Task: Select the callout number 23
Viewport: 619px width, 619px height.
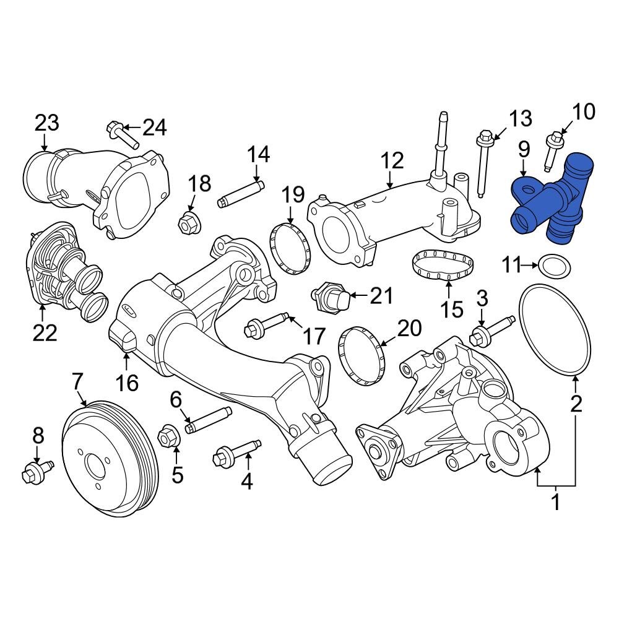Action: (x=46, y=123)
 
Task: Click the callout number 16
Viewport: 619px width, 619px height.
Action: (x=128, y=383)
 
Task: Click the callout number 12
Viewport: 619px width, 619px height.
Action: (x=391, y=160)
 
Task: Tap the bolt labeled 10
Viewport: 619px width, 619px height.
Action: (x=552, y=151)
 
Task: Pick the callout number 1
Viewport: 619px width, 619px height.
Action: (x=555, y=502)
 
